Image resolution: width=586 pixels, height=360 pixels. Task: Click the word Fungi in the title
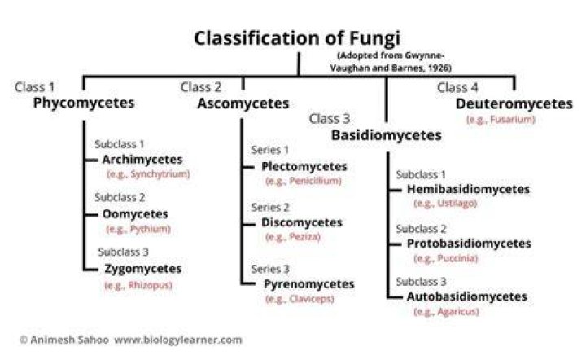tap(374, 38)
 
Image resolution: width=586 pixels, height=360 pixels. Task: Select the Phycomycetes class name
tap(84, 103)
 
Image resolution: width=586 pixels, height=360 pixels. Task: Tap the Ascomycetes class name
tap(243, 103)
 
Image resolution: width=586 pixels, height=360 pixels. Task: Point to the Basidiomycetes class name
tap(387, 135)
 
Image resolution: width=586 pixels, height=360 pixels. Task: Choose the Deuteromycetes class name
tap(514, 103)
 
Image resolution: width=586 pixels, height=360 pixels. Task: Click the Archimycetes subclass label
tap(142, 160)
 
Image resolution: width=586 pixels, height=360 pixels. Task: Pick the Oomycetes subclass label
tap(135, 214)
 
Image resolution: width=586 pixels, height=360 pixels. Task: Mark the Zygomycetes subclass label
tap(142, 269)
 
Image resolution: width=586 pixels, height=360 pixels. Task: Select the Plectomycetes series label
tap(304, 167)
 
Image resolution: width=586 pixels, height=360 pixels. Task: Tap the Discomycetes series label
tap(302, 223)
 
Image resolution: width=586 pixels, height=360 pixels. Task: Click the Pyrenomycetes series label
tap(308, 284)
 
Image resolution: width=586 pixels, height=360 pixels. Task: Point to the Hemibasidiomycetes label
tap(468, 189)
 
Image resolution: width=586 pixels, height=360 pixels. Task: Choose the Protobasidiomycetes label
tap(469, 244)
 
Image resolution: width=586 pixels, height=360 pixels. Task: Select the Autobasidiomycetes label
tap(467, 296)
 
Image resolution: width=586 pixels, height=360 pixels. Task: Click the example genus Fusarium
tap(513, 120)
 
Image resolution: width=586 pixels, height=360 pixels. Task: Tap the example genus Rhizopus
tap(150, 286)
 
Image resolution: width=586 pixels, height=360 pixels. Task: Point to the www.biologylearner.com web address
tap(178, 340)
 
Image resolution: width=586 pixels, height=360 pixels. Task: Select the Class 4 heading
tap(457, 87)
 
